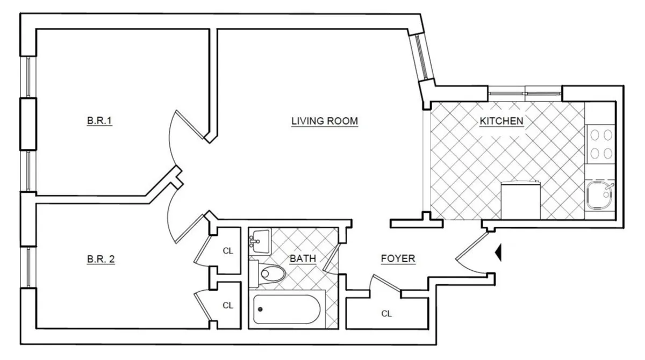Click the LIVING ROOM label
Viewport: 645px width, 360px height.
tap(324, 121)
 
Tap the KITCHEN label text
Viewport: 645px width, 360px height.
tap(501, 121)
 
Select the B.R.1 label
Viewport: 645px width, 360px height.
tap(99, 121)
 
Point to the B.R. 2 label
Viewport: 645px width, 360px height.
tap(101, 259)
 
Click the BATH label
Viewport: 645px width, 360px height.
tap(303, 259)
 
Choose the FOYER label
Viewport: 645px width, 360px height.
tap(398, 259)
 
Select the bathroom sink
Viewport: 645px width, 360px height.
tap(260, 239)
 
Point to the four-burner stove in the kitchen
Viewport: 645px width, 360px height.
tap(600, 144)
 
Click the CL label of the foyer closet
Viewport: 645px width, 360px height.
tap(386, 314)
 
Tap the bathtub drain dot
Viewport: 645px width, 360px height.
tap(261, 309)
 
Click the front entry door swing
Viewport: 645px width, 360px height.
tap(470, 255)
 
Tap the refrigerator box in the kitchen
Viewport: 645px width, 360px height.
tap(520, 201)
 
